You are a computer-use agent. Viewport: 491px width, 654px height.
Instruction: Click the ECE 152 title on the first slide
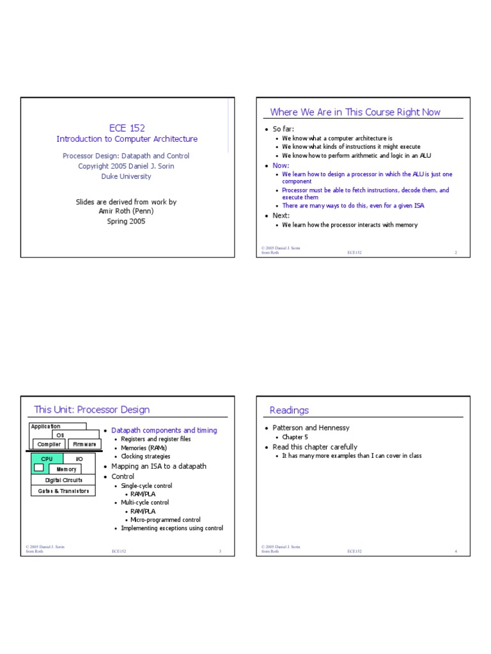tap(127, 128)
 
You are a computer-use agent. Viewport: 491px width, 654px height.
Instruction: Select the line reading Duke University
tap(127, 176)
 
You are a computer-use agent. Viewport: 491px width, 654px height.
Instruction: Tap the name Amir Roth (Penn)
tap(127, 211)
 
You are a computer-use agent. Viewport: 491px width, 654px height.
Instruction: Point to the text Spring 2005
tap(127, 221)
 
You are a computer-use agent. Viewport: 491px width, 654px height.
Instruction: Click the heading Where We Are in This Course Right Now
tap(355, 112)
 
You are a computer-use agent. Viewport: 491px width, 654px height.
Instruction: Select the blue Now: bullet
tap(281, 165)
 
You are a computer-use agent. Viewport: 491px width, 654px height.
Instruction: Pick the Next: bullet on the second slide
tap(281, 215)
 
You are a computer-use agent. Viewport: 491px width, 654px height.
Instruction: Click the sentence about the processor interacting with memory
tap(350, 225)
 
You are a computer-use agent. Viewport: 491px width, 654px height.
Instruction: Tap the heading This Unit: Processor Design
tap(91, 409)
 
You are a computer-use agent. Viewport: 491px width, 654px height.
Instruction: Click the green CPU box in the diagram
tap(47, 459)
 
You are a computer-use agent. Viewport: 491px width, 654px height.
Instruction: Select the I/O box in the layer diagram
tap(79, 459)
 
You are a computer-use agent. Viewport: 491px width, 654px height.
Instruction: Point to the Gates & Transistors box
tap(63, 490)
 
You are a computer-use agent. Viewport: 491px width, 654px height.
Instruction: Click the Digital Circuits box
tap(63, 480)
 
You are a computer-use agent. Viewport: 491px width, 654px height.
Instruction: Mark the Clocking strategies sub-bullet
tap(145, 457)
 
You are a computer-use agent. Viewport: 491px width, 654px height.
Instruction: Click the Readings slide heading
tap(289, 410)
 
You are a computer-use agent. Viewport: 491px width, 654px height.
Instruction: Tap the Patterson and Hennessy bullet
tap(311, 428)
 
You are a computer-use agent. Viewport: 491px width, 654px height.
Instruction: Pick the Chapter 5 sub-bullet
tap(295, 437)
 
